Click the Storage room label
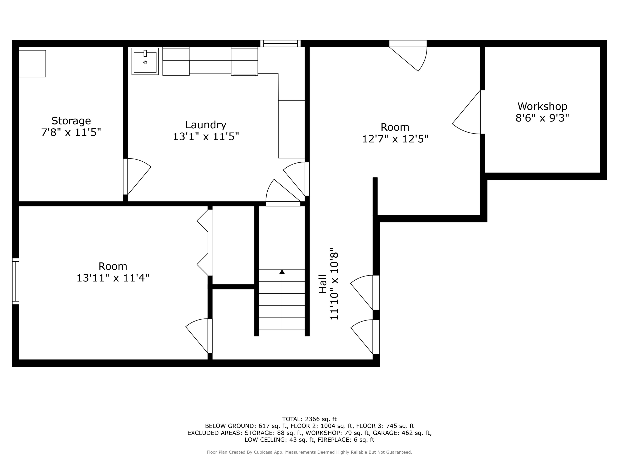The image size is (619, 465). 71,121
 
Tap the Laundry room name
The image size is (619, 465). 206,125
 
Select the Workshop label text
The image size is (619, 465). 542,106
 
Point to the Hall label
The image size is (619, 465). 323,284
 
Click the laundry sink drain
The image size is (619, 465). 145,62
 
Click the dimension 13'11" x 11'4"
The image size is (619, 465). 113,278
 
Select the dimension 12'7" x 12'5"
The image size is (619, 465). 395,139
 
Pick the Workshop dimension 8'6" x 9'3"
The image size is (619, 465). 542,118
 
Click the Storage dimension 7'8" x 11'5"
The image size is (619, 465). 71,132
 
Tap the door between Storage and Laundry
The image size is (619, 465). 137,176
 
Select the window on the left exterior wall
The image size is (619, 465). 16,281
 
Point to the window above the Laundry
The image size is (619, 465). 280,43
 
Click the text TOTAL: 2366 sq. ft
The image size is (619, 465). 309,419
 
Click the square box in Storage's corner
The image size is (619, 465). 32,64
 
